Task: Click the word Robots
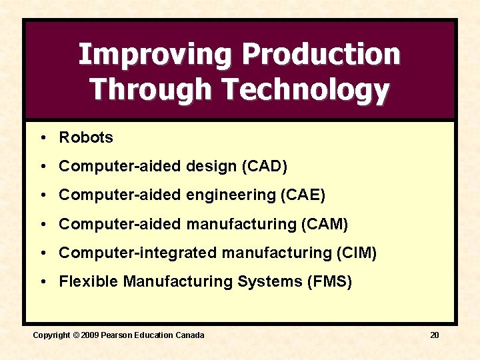pyautogui.click(x=86, y=138)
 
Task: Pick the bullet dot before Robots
pyautogui.click(x=42, y=138)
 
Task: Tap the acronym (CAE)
pyautogui.click(x=303, y=195)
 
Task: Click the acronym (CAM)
pyautogui.click(x=325, y=224)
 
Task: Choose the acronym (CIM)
pyautogui.click(x=355, y=253)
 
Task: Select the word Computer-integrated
pyautogui.click(x=138, y=253)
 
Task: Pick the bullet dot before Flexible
pyautogui.click(x=42, y=281)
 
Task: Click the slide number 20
pyautogui.click(x=434, y=335)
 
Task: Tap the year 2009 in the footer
pyautogui.click(x=89, y=335)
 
